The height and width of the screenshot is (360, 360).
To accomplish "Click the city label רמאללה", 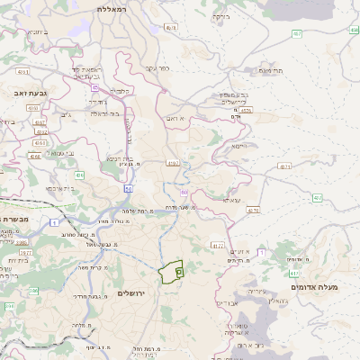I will (120, 7).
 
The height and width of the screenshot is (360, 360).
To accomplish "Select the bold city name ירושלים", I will (138, 293).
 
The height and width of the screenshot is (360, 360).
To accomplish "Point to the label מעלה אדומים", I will (316, 287).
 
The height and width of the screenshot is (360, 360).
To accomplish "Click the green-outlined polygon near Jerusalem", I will (171, 272).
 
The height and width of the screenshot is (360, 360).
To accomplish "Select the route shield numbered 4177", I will (217, 244).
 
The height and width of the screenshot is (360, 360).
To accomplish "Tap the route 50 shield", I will (129, 189).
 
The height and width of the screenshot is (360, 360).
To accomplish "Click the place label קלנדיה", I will (120, 90).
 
